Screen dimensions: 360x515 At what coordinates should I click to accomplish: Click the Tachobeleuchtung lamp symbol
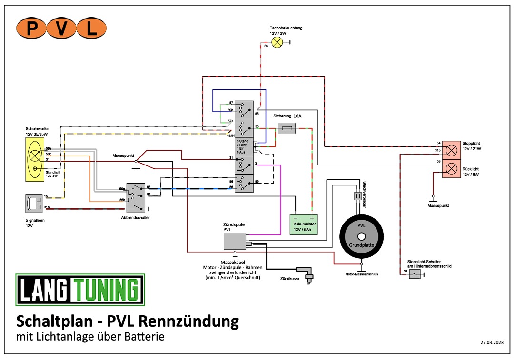(277, 42)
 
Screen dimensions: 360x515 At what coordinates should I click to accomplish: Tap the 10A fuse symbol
(287, 128)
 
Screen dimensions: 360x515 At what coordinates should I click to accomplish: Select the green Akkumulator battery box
(304, 224)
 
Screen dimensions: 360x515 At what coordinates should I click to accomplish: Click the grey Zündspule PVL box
(235, 241)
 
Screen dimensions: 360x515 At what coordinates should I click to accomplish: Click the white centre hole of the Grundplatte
(361, 236)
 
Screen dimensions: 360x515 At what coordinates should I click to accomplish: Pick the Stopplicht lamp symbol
(451, 146)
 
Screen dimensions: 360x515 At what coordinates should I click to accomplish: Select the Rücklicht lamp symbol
(451, 168)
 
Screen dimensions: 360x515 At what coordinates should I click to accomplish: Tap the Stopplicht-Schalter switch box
(415, 274)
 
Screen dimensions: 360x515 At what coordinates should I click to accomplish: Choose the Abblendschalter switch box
(135, 197)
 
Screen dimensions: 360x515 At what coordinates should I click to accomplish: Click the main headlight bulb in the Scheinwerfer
(35, 155)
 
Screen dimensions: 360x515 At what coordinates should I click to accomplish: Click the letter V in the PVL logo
(61, 29)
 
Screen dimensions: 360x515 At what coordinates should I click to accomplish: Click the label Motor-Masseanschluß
(361, 274)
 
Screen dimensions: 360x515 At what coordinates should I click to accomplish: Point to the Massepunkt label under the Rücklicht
(438, 205)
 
